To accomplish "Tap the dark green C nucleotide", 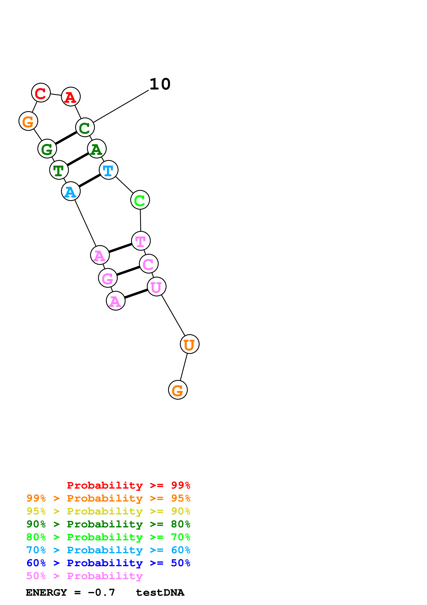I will pyautogui.click(x=85, y=127).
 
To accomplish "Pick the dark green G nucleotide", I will pyautogui.click(x=47, y=149).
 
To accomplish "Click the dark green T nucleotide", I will pyautogui.click(x=59, y=170).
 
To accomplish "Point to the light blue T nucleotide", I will pyautogui.click(x=108, y=170).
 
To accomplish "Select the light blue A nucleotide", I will pyautogui.click(x=71, y=191).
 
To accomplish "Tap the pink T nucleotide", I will pyautogui.click(x=141, y=241).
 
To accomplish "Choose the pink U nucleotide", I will pyautogui.click(x=157, y=287).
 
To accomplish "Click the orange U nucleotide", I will pyautogui.click(x=189, y=344).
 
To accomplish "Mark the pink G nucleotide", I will pyautogui.click(x=108, y=278).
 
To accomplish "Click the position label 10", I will pyautogui.click(x=160, y=84).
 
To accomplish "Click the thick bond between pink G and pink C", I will pyautogui.click(x=128, y=271).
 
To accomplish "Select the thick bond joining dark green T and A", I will pyautogui.click(x=78, y=159).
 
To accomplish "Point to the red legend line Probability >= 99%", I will pyautogui.click(x=128, y=485).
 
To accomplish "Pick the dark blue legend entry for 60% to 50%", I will pyautogui.click(x=108, y=563).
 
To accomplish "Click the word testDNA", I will pyautogui.click(x=160, y=592).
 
